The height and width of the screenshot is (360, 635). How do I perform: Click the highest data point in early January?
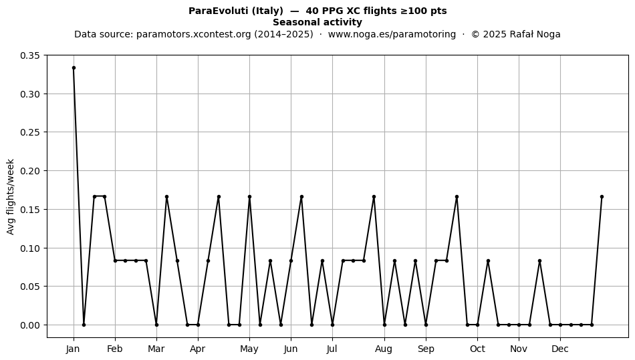tap(74, 68)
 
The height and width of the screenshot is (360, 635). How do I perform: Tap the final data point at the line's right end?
tap(602, 196)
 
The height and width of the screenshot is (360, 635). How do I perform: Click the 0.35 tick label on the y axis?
tap(30, 55)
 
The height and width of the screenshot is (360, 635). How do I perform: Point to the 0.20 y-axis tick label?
tap(30, 171)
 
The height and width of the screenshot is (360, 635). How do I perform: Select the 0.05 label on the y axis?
tap(30, 287)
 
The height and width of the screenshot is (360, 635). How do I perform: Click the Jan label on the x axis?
tap(73, 349)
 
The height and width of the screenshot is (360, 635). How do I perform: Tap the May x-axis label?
tap(249, 349)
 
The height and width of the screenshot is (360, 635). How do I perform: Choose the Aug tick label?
tap(384, 349)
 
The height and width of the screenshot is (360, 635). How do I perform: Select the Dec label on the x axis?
tap(560, 349)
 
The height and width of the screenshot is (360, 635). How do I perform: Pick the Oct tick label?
tap(477, 349)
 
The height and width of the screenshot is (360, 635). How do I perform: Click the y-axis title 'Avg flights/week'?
tap(11, 196)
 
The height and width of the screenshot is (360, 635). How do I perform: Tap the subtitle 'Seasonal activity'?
tap(317, 22)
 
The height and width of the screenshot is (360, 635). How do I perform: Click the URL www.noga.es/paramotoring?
tap(392, 34)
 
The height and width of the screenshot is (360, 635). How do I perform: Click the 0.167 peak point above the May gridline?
tap(249, 196)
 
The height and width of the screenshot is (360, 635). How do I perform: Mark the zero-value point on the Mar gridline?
tap(156, 325)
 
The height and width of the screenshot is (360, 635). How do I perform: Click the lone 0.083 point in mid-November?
tap(539, 261)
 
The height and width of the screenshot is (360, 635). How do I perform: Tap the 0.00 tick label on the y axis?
tap(30, 325)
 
